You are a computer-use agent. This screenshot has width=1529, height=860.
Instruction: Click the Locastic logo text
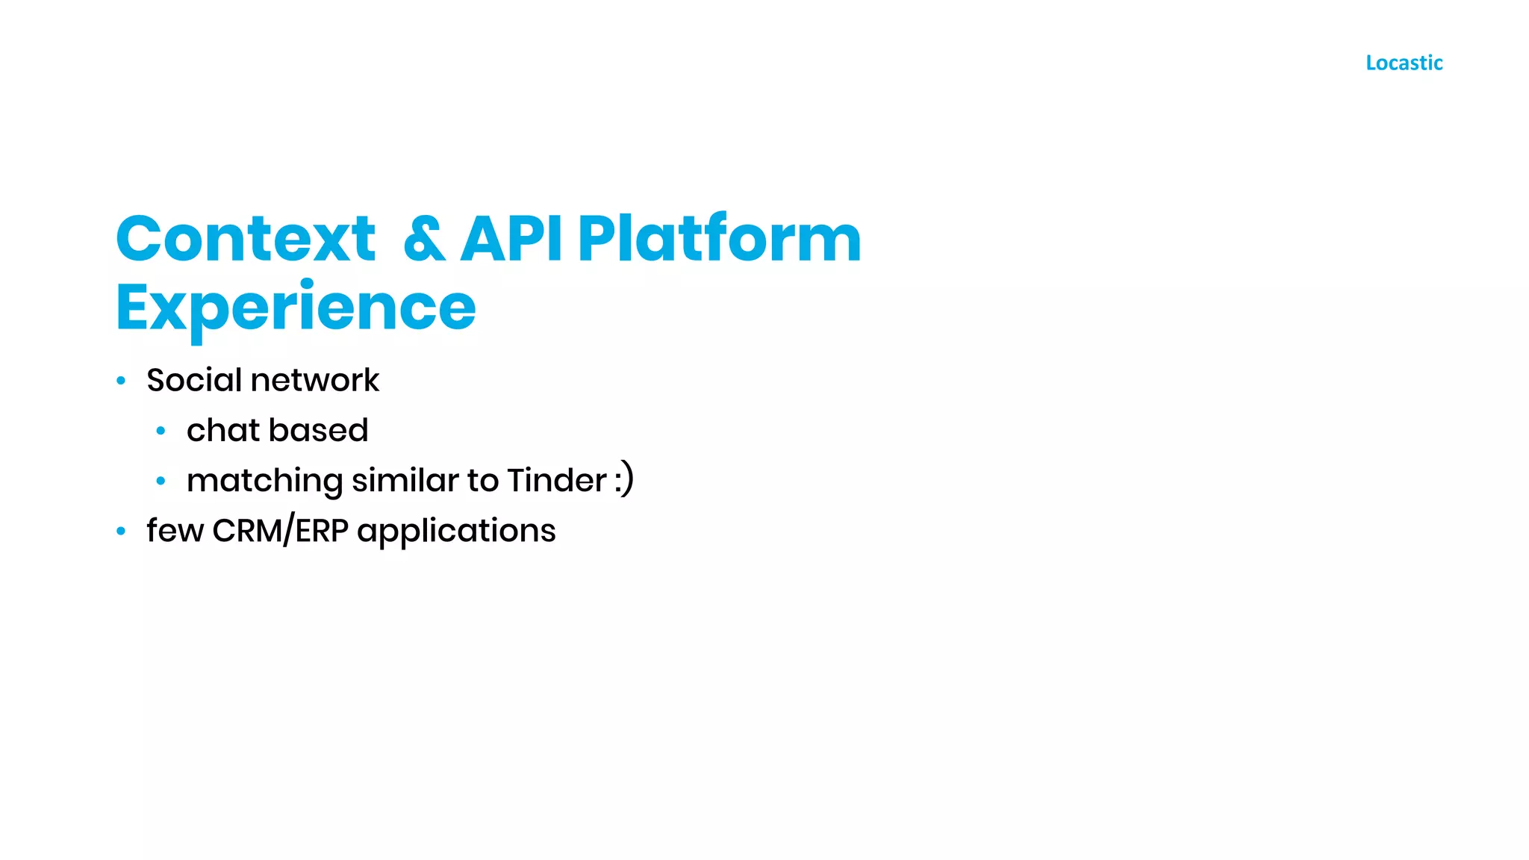(1404, 63)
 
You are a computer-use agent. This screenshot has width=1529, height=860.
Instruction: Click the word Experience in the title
(296, 308)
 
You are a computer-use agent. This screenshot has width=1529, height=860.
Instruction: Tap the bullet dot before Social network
(121, 381)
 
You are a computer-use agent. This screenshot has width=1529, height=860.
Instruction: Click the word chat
(223, 431)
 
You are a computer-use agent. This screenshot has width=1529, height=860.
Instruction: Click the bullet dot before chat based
(161, 431)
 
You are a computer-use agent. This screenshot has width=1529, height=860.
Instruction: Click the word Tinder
(557, 480)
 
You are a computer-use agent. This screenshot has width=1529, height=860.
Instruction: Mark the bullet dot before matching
(161, 481)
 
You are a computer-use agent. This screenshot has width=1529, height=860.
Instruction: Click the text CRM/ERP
(280, 531)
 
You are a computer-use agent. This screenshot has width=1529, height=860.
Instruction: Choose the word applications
(456, 532)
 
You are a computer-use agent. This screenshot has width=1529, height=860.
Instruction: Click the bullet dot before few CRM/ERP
(121, 531)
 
